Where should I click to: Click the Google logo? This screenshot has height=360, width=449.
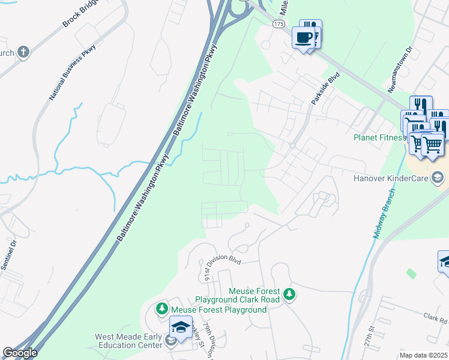[20, 353]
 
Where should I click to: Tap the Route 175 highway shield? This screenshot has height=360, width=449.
[278, 23]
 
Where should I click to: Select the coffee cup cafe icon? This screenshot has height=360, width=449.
[303, 38]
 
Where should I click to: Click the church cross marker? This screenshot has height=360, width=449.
[23, 52]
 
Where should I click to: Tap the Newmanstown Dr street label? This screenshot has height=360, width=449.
[400, 70]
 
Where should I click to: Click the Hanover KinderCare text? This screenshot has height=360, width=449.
[394, 178]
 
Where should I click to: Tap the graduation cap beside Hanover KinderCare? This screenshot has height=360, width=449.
[438, 177]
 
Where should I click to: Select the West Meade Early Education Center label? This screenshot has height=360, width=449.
[128, 341]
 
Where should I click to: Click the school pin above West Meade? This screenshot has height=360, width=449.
[181, 327]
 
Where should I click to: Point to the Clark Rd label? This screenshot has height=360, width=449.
[435, 318]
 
